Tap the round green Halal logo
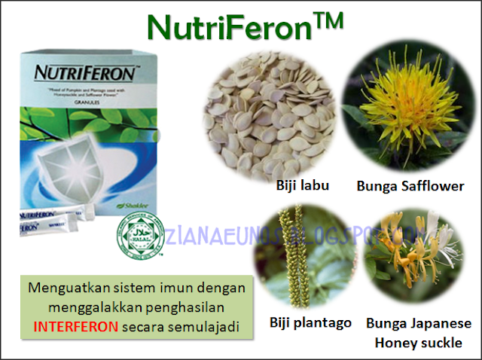pos(136,237)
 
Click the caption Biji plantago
pos(310,322)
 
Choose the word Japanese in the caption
pos(446,322)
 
